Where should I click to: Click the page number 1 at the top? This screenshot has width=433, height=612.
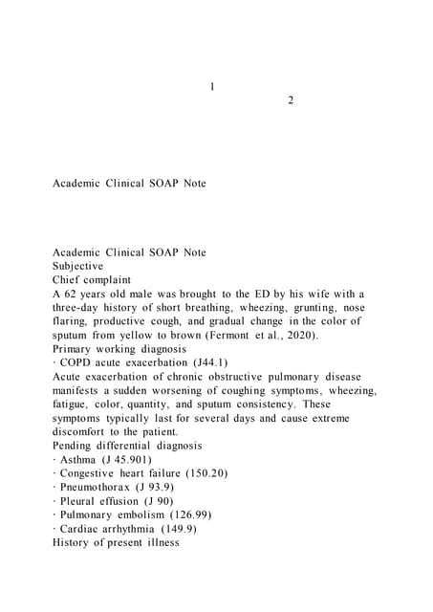coord(211,87)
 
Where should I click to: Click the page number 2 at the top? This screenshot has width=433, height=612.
coord(291,101)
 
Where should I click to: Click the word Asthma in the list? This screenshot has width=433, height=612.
coord(79,460)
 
